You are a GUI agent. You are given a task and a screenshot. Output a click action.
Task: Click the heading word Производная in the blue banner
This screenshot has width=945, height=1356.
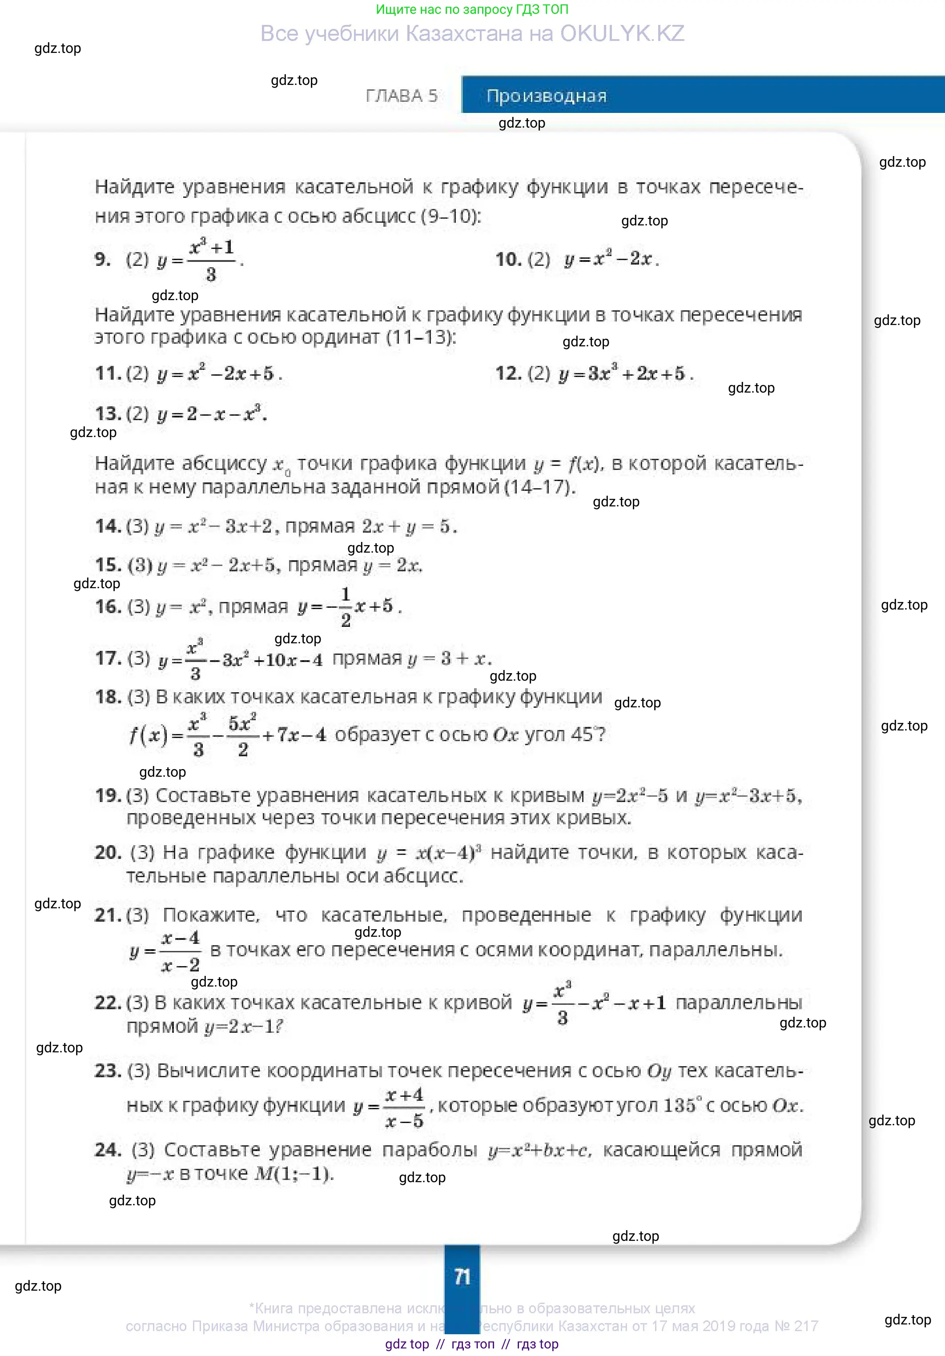(547, 96)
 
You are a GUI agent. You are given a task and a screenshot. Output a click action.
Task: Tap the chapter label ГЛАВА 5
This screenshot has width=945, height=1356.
(402, 96)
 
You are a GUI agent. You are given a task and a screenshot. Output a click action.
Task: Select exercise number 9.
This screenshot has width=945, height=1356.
(102, 259)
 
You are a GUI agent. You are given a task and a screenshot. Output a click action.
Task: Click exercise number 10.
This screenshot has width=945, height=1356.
(508, 259)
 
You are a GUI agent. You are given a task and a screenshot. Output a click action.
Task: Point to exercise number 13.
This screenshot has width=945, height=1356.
(108, 413)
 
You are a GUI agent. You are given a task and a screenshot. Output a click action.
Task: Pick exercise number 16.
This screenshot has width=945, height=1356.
(108, 606)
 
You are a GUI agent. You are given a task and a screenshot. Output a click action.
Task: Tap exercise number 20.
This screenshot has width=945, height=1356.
(108, 852)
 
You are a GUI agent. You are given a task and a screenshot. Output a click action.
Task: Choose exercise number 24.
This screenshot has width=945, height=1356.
(108, 1149)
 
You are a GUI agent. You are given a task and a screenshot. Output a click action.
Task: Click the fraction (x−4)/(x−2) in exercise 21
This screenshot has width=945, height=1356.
(180, 951)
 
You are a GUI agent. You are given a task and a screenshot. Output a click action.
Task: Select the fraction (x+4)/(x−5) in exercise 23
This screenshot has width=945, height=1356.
(404, 1107)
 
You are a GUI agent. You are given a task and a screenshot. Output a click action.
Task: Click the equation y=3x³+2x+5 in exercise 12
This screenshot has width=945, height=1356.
(626, 373)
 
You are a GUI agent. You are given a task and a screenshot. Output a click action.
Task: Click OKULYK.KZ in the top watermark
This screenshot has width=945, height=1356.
(622, 34)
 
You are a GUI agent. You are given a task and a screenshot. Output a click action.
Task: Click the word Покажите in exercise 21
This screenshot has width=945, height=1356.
(211, 915)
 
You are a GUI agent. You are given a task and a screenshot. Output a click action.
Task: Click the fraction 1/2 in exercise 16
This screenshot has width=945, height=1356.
(346, 606)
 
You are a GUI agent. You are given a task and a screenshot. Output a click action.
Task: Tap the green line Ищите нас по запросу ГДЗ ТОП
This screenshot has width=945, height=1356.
(472, 9)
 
